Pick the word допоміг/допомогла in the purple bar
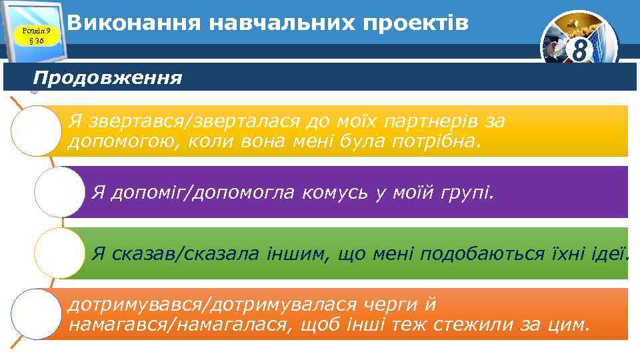coord(204,193)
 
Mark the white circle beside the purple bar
coord(59,192)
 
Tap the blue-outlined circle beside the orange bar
coord(36,313)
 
